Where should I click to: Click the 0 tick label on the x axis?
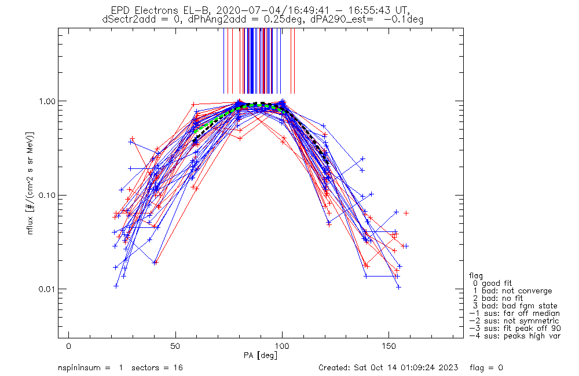pos(69,346)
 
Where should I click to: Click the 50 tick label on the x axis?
pos(175,346)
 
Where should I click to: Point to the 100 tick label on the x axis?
pos(282,346)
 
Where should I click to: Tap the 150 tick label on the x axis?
pos(389,346)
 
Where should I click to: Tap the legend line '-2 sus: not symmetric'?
pos(514,320)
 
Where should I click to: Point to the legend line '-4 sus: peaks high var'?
pos(514,336)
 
